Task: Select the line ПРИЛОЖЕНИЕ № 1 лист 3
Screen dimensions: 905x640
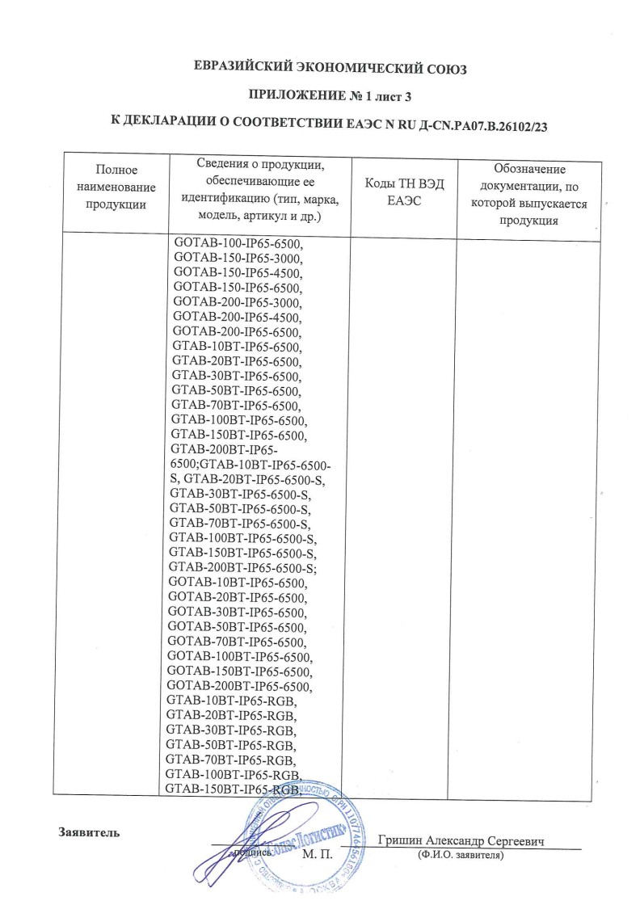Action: pyautogui.click(x=320, y=96)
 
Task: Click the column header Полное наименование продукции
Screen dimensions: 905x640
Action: pyautogui.click(x=116, y=187)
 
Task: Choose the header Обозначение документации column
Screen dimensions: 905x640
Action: pyautogui.click(x=529, y=195)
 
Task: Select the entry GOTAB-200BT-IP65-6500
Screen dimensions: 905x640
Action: pyautogui.click(x=240, y=687)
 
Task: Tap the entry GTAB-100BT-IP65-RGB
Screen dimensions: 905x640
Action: pyautogui.click(x=233, y=775)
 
